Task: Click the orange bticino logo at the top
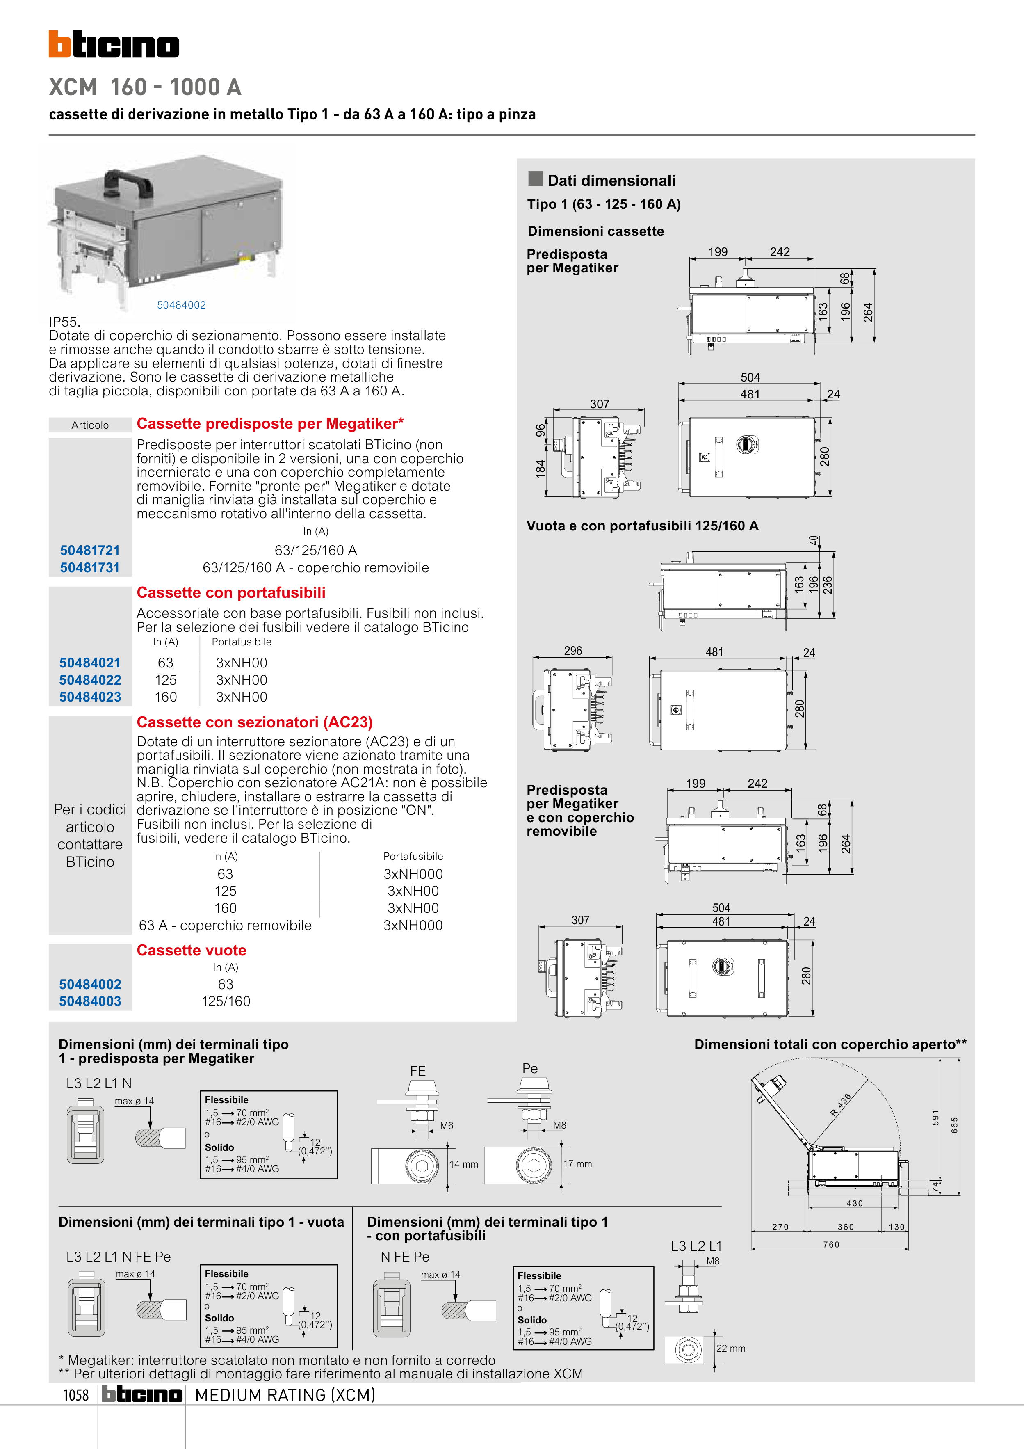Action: click(x=114, y=44)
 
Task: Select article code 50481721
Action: click(x=89, y=550)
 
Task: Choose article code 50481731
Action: click(x=89, y=567)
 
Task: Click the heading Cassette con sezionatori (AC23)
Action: click(x=254, y=722)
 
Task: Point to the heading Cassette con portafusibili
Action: click(x=231, y=592)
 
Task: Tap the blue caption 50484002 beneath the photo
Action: click(x=181, y=305)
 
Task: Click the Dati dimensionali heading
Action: click(x=611, y=181)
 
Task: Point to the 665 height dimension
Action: click(x=955, y=1125)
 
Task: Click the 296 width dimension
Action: click(x=573, y=651)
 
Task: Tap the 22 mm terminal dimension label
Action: click(x=731, y=1348)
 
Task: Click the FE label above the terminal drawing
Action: click(x=417, y=1071)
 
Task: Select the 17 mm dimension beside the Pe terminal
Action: click(x=577, y=1164)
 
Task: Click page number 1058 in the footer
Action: click(x=76, y=1395)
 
